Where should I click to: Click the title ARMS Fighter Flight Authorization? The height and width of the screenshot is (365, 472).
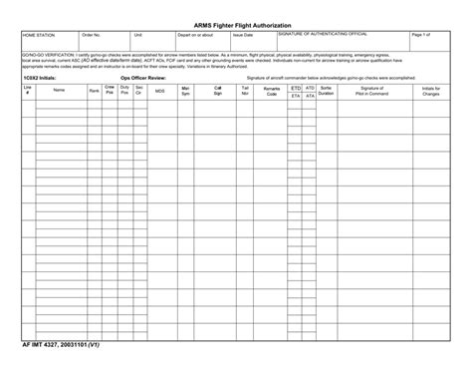click(x=236, y=21)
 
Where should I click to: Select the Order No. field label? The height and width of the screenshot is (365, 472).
click(x=92, y=34)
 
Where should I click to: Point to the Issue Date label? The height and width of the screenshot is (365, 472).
click(x=243, y=34)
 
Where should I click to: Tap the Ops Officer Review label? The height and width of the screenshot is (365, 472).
click(x=143, y=76)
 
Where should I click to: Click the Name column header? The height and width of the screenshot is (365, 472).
click(x=59, y=90)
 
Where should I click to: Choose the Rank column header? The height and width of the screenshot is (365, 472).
click(x=94, y=90)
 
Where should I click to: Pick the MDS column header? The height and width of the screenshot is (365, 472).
click(x=159, y=90)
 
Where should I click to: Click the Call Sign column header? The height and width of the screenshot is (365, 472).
click(x=217, y=90)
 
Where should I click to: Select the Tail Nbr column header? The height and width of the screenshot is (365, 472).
click(x=245, y=90)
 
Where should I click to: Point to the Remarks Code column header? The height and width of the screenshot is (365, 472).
click(x=272, y=90)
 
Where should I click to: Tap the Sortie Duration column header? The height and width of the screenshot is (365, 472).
click(x=327, y=90)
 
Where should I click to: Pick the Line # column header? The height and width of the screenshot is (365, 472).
click(x=28, y=90)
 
